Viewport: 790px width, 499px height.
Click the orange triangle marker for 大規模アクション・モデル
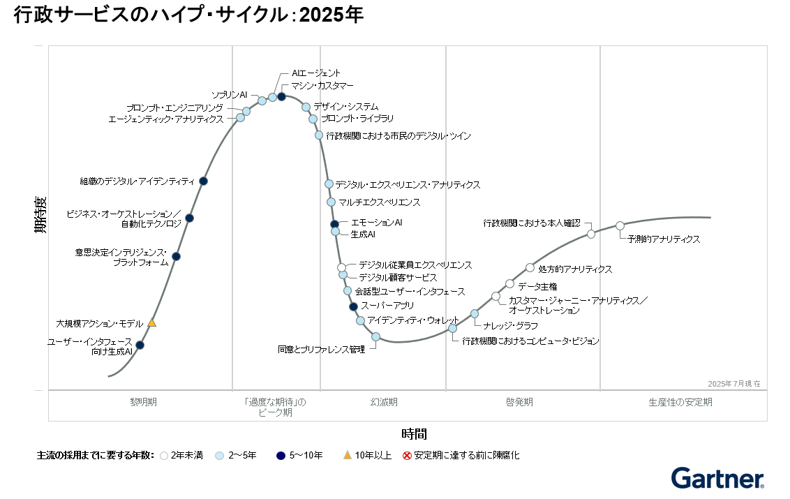click(151, 323)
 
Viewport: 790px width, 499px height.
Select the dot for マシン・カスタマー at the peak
click(281, 96)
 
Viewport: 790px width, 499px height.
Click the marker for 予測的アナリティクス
click(620, 225)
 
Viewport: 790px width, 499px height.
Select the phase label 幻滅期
click(384, 402)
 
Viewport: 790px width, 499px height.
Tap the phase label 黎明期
click(144, 402)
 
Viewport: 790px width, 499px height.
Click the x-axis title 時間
click(414, 434)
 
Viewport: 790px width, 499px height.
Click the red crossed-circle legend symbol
click(407, 456)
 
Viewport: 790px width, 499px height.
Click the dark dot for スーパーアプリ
click(353, 306)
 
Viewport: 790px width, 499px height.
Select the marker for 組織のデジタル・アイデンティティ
click(203, 181)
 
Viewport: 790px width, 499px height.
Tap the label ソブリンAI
click(230, 94)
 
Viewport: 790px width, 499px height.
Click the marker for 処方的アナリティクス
click(530, 267)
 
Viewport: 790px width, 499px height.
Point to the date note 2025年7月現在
click(733, 384)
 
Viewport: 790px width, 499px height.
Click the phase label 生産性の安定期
click(680, 402)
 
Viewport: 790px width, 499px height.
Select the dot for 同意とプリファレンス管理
click(375, 336)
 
